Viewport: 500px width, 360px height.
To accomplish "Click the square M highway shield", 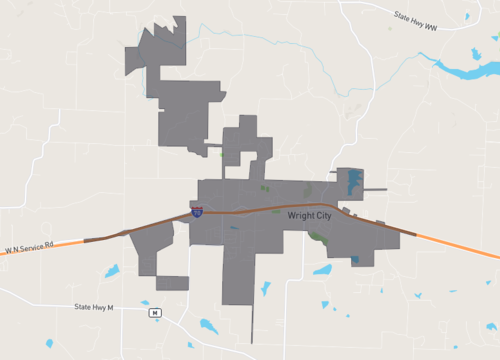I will click(155, 313).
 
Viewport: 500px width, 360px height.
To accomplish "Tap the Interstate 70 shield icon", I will click(197, 212).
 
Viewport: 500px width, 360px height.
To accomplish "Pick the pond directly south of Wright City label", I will click(322, 269).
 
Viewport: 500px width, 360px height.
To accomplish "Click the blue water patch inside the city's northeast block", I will click(353, 182).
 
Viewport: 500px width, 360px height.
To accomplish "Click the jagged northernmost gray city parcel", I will click(165, 45).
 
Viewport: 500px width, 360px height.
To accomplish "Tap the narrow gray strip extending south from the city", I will click(251, 320).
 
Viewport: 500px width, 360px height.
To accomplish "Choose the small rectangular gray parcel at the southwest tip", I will click(172, 283).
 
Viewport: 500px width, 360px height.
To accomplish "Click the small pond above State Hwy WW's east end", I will click(467, 19).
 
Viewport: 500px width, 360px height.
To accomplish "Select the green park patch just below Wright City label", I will click(319, 237).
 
